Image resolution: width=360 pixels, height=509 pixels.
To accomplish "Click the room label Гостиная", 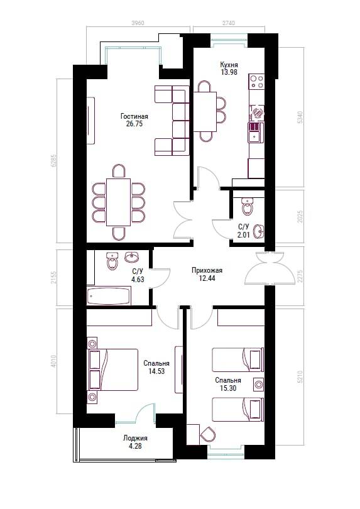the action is click(134, 116).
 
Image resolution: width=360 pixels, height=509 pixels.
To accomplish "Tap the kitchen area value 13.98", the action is click(229, 72).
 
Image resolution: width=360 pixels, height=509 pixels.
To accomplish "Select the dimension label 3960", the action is click(138, 23).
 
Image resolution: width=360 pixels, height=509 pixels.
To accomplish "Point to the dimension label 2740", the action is click(229, 23).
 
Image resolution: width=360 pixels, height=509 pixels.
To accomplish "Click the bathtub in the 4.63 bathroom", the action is click(109, 296).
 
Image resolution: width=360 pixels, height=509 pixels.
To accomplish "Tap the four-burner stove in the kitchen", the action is click(256, 82).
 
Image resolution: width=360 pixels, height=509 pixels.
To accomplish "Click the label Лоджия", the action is click(135, 438).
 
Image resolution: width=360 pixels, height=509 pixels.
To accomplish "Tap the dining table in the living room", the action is click(119, 202).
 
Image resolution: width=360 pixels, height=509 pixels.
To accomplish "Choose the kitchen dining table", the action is click(205, 111).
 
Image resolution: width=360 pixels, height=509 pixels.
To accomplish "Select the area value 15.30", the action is click(228, 388).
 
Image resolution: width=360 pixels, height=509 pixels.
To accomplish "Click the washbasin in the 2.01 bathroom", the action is click(258, 231).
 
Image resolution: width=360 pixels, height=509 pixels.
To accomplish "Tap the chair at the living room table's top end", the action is click(119, 171).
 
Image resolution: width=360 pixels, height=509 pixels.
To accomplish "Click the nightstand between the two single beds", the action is click(258, 385).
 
